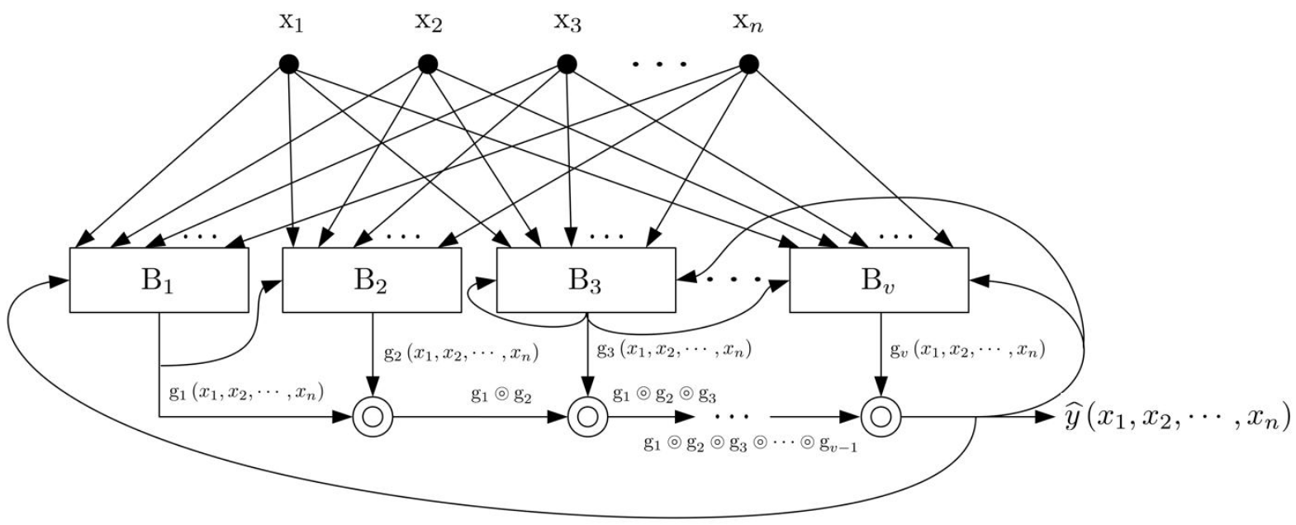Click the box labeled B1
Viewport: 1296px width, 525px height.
(x=159, y=281)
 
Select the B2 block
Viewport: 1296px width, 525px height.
(x=372, y=281)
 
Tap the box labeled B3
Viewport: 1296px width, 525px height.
(x=585, y=281)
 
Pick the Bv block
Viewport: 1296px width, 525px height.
(x=879, y=281)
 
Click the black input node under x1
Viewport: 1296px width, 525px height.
(x=288, y=64)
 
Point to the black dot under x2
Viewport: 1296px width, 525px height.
(x=427, y=64)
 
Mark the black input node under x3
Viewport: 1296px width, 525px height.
(x=566, y=64)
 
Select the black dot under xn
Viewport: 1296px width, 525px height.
(x=748, y=64)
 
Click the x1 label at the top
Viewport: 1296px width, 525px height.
(x=290, y=22)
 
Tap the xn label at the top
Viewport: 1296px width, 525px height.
(x=748, y=22)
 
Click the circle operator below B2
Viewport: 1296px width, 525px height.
(x=372, y=418)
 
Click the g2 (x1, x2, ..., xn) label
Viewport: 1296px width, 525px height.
(x=461, y=354)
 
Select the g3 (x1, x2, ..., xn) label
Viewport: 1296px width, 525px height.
(x=673, y=348)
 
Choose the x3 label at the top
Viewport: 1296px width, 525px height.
(x=567, y=22)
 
